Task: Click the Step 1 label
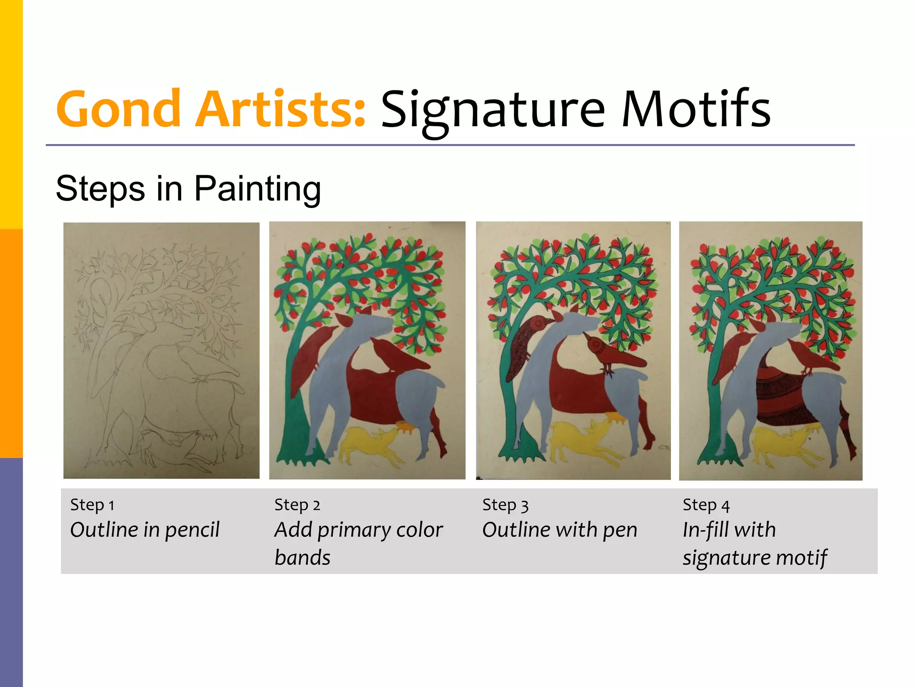click(92, 505)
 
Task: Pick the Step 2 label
click(297, 505)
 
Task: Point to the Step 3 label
click(505, 505)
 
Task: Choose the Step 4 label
click(706, 505)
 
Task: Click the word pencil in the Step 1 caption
click(192, 530)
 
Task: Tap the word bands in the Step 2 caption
click(302, 558)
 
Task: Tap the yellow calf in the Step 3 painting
click(577, 441)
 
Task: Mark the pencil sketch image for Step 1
click(161, 350)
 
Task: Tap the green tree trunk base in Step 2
click(295, 452)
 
